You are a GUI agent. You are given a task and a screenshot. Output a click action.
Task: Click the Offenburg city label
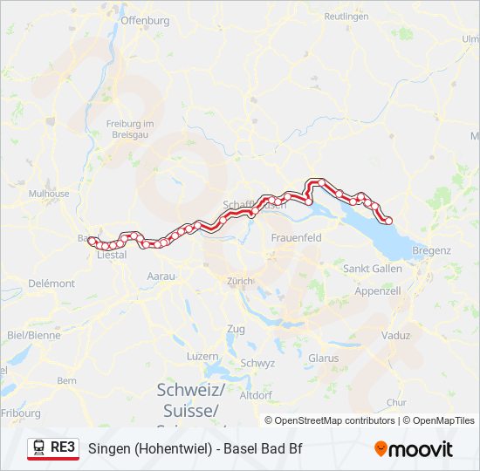click(144, 19)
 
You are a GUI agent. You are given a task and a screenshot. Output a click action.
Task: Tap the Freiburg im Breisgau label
click(129, 128)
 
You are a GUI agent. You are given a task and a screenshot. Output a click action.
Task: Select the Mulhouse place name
click(49, 194)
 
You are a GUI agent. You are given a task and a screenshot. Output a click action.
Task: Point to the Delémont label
click(51, 283)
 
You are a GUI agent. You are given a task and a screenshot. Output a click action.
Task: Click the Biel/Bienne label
click(34, 334)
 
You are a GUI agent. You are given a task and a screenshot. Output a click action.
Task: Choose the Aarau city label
click(161, 276)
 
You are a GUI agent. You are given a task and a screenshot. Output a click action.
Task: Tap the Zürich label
click(239, 281)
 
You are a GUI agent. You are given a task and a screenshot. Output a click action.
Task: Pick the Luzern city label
click(202, 357)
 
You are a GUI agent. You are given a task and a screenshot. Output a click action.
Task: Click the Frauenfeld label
click(297, 237)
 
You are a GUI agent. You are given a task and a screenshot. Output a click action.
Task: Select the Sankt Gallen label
click(373, 269)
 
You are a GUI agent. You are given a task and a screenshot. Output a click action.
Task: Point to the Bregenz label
click(432, 250)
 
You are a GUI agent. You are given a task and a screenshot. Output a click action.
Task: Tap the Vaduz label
click(396, 335)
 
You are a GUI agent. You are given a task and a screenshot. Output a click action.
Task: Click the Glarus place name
click(323, 358)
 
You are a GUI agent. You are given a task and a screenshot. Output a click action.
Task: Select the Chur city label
click(395, 402)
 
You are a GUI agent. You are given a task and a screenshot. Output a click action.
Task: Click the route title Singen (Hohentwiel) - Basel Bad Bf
click(195, 449)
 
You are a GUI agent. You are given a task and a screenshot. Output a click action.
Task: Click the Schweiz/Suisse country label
click(190, 399)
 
